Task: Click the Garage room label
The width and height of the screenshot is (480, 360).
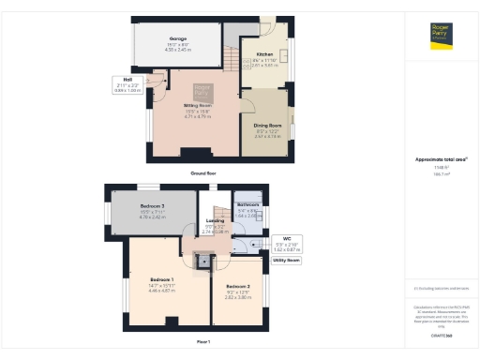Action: [178, 38]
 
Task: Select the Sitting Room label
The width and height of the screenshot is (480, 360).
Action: [199, 106]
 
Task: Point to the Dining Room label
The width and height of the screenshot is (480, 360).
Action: [268, 125]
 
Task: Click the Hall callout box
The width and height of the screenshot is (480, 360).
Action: [127, 85]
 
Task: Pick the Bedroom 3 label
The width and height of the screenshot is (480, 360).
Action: [152, 205]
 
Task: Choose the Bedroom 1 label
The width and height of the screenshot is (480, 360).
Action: [161, 279]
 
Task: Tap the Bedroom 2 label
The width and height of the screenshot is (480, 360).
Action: [238, 285]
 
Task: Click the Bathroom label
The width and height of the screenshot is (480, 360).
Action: [247, 204]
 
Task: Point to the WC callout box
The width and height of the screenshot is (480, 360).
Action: [286, 244]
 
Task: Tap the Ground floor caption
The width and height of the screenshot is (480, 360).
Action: [203, 173]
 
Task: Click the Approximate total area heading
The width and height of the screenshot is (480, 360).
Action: [442, 159]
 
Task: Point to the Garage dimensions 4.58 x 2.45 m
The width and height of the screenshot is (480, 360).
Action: [178, 49]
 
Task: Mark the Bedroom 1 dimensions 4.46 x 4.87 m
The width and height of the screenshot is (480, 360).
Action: [161, 291]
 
